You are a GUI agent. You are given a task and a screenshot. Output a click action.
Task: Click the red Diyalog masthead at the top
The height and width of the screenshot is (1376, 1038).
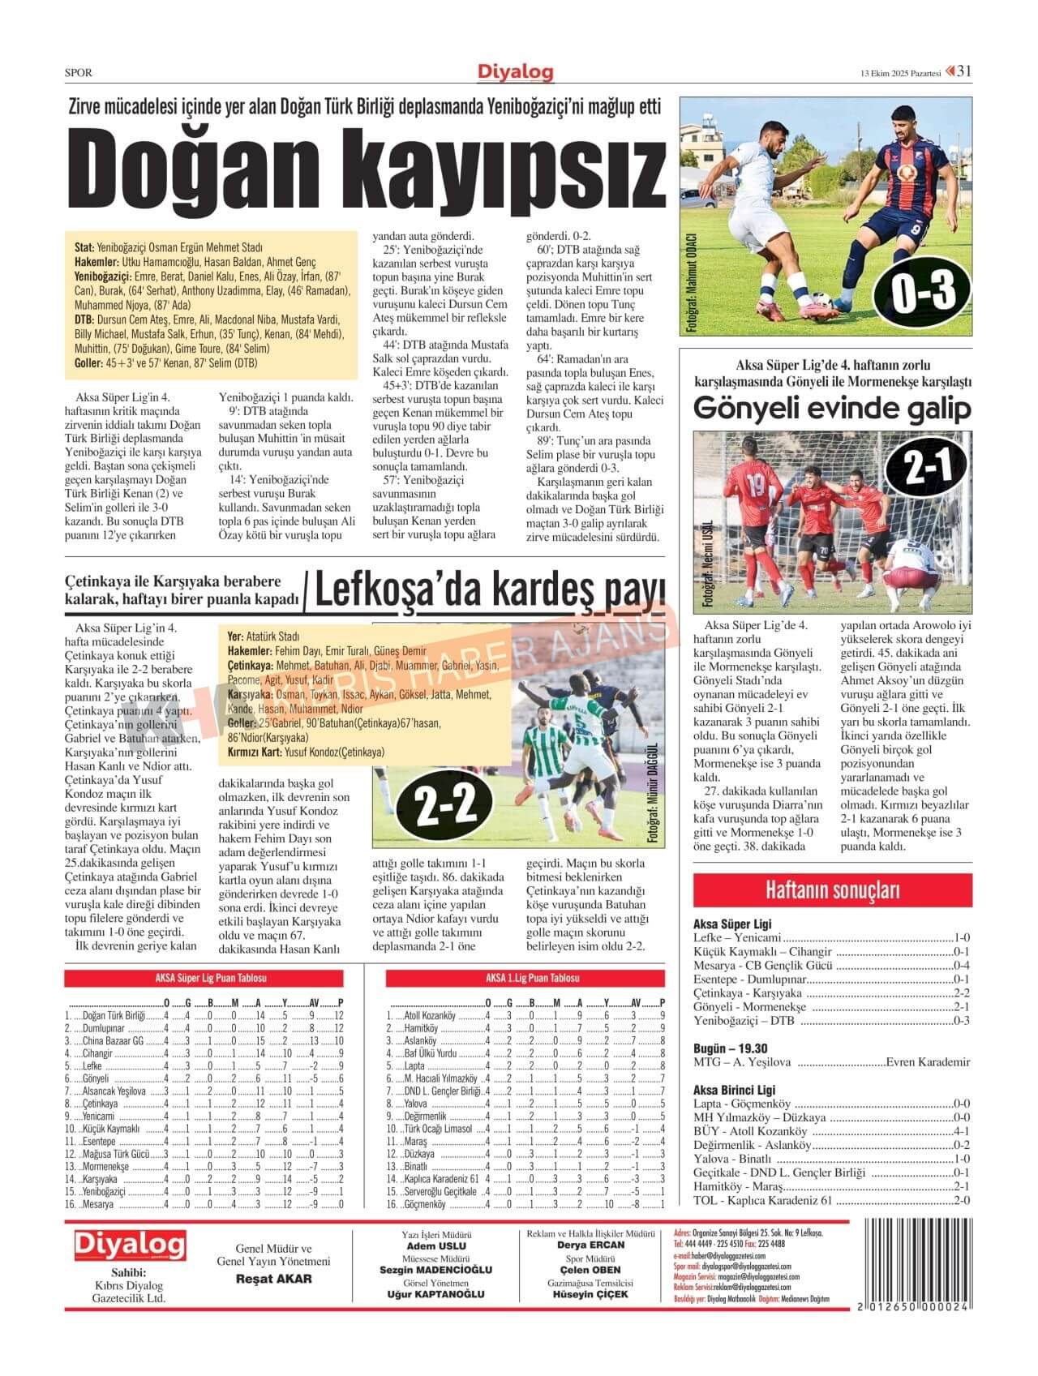tap(516, 73)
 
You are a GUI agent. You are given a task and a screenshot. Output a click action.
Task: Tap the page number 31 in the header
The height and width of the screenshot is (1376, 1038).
tap(964, 71)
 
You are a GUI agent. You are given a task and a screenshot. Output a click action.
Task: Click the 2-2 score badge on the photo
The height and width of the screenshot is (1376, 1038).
tap(445, 805)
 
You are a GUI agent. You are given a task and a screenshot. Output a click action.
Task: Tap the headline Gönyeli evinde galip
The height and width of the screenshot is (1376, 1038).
tap(831, 409)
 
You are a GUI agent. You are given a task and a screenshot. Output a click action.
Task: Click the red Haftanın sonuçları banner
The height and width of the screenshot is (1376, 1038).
tap(832, 889)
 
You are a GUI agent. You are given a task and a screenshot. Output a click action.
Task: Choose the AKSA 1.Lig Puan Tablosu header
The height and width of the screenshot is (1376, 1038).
tap(532, 979)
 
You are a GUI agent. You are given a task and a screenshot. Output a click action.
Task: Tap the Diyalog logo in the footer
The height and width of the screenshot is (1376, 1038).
tap(130, 1245)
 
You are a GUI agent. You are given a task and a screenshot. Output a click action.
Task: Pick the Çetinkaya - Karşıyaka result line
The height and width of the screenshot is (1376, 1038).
tap(831, 992)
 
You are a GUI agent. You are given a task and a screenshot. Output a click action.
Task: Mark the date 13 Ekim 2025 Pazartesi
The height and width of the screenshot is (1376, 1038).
tap(900, 73)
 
